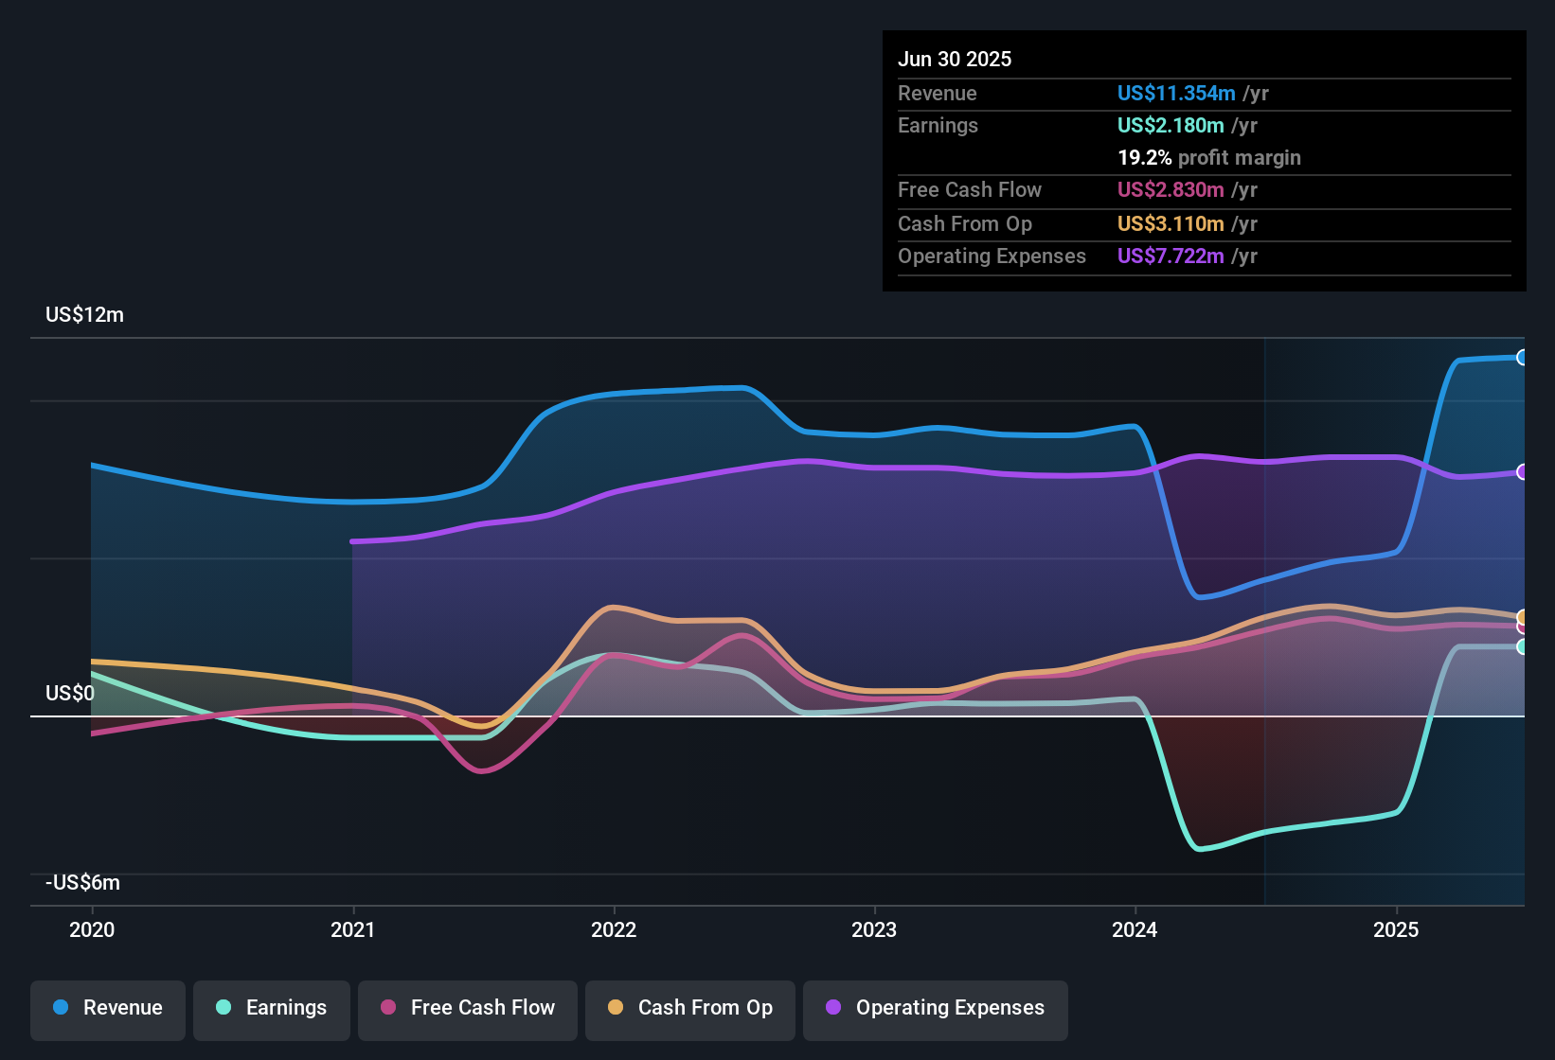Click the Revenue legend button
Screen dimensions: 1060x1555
click(108, 1008)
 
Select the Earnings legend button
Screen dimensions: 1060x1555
click(272, 1008)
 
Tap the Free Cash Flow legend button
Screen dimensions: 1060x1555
click(468, 1008)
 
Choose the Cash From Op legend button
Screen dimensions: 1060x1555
click(690, 1008)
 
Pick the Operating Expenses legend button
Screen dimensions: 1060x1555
click(936, 1008)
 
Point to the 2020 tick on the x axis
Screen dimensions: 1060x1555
click(92, 929)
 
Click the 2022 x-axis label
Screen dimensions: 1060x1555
click(614, 929)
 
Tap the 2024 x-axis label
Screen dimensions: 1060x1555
click(1135, 929)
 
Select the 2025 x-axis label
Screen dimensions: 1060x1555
click(1396, 929)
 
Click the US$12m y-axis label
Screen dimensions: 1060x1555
click(84, 315)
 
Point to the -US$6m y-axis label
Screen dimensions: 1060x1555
click(82, 883)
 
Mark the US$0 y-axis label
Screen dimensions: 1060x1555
click(70, 694)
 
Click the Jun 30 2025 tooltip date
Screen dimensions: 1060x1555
click(955, 60)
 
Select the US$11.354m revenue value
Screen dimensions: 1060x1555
click(1176, 94)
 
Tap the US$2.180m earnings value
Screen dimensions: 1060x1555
click(1171, 126)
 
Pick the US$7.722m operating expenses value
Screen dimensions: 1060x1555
click(1171, 256)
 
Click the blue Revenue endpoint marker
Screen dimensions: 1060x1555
click(1522, 358)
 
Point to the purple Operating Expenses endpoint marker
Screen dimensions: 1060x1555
click(1522, 472)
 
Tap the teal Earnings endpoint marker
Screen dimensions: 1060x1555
click(1522, 647)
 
